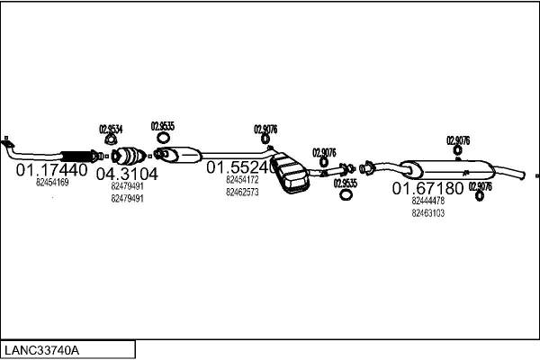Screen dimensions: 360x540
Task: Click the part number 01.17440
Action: pos(51,169)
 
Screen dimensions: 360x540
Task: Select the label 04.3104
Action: pos(126,174)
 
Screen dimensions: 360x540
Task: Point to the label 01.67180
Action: pos(427,189)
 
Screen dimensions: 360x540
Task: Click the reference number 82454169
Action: pos(52,182)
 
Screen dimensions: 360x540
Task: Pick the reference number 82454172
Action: pos(242,180)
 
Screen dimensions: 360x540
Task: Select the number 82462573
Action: pos(242,192)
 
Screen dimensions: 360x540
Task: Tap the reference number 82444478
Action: pos(427,202)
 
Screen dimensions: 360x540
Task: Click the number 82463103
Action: pos(427,213)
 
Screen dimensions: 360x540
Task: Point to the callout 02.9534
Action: pos(111,129)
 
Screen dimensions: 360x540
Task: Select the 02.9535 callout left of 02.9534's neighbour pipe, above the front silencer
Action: pos(163,126)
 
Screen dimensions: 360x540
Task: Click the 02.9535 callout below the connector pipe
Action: pos(345,183)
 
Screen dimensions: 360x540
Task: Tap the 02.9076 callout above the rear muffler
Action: pos(458,140)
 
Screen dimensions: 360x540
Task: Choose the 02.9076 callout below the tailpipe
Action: pos(480,187)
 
